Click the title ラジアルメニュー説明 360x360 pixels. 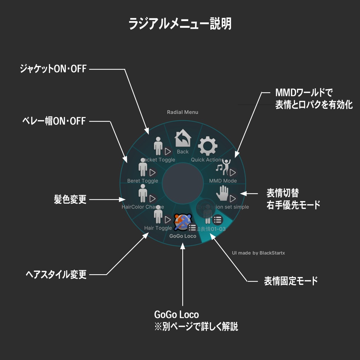tap(180, 24)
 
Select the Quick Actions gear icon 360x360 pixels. tap(207, 146)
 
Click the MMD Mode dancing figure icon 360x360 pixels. tap(224, 167)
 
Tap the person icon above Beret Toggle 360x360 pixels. tap(143, 167)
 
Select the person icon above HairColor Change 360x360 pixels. tap(143, 193)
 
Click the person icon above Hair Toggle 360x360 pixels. tap(158, 214)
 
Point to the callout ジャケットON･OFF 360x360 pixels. tap(53, 69)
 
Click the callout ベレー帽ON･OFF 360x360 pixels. tap(54, 121)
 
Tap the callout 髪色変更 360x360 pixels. tap(70, 200)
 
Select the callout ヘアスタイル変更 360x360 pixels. tap(56, 274)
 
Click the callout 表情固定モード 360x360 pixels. tap(291, 281)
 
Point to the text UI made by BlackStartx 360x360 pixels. tap(258, 253)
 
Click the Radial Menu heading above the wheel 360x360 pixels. tap(182, 112)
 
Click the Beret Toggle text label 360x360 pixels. tap(143, 181)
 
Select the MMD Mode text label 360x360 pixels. tap(223, 181)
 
